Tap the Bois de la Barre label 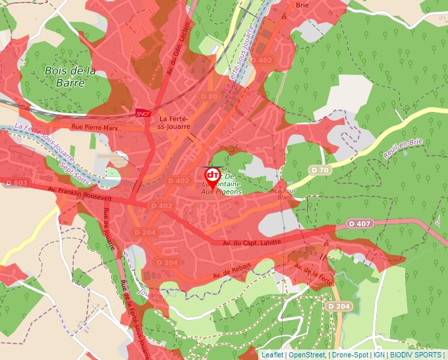click(x=70, y=76)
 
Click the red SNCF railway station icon click(x=141, y=113)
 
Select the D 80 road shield click(x=209, y=97)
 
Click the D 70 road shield click(x=320, y=170)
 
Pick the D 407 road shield click(x=360, y=224)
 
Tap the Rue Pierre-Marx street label click(x=95, y=128)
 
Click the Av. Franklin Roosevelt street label click(x=80, y=193)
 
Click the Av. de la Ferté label click(x=314, y=275)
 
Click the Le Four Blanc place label click(x=285, y=193)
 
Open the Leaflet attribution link click(x=272, y=355)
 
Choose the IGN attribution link click(x=379, y=355)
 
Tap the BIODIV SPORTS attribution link click(x=415, y=355)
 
